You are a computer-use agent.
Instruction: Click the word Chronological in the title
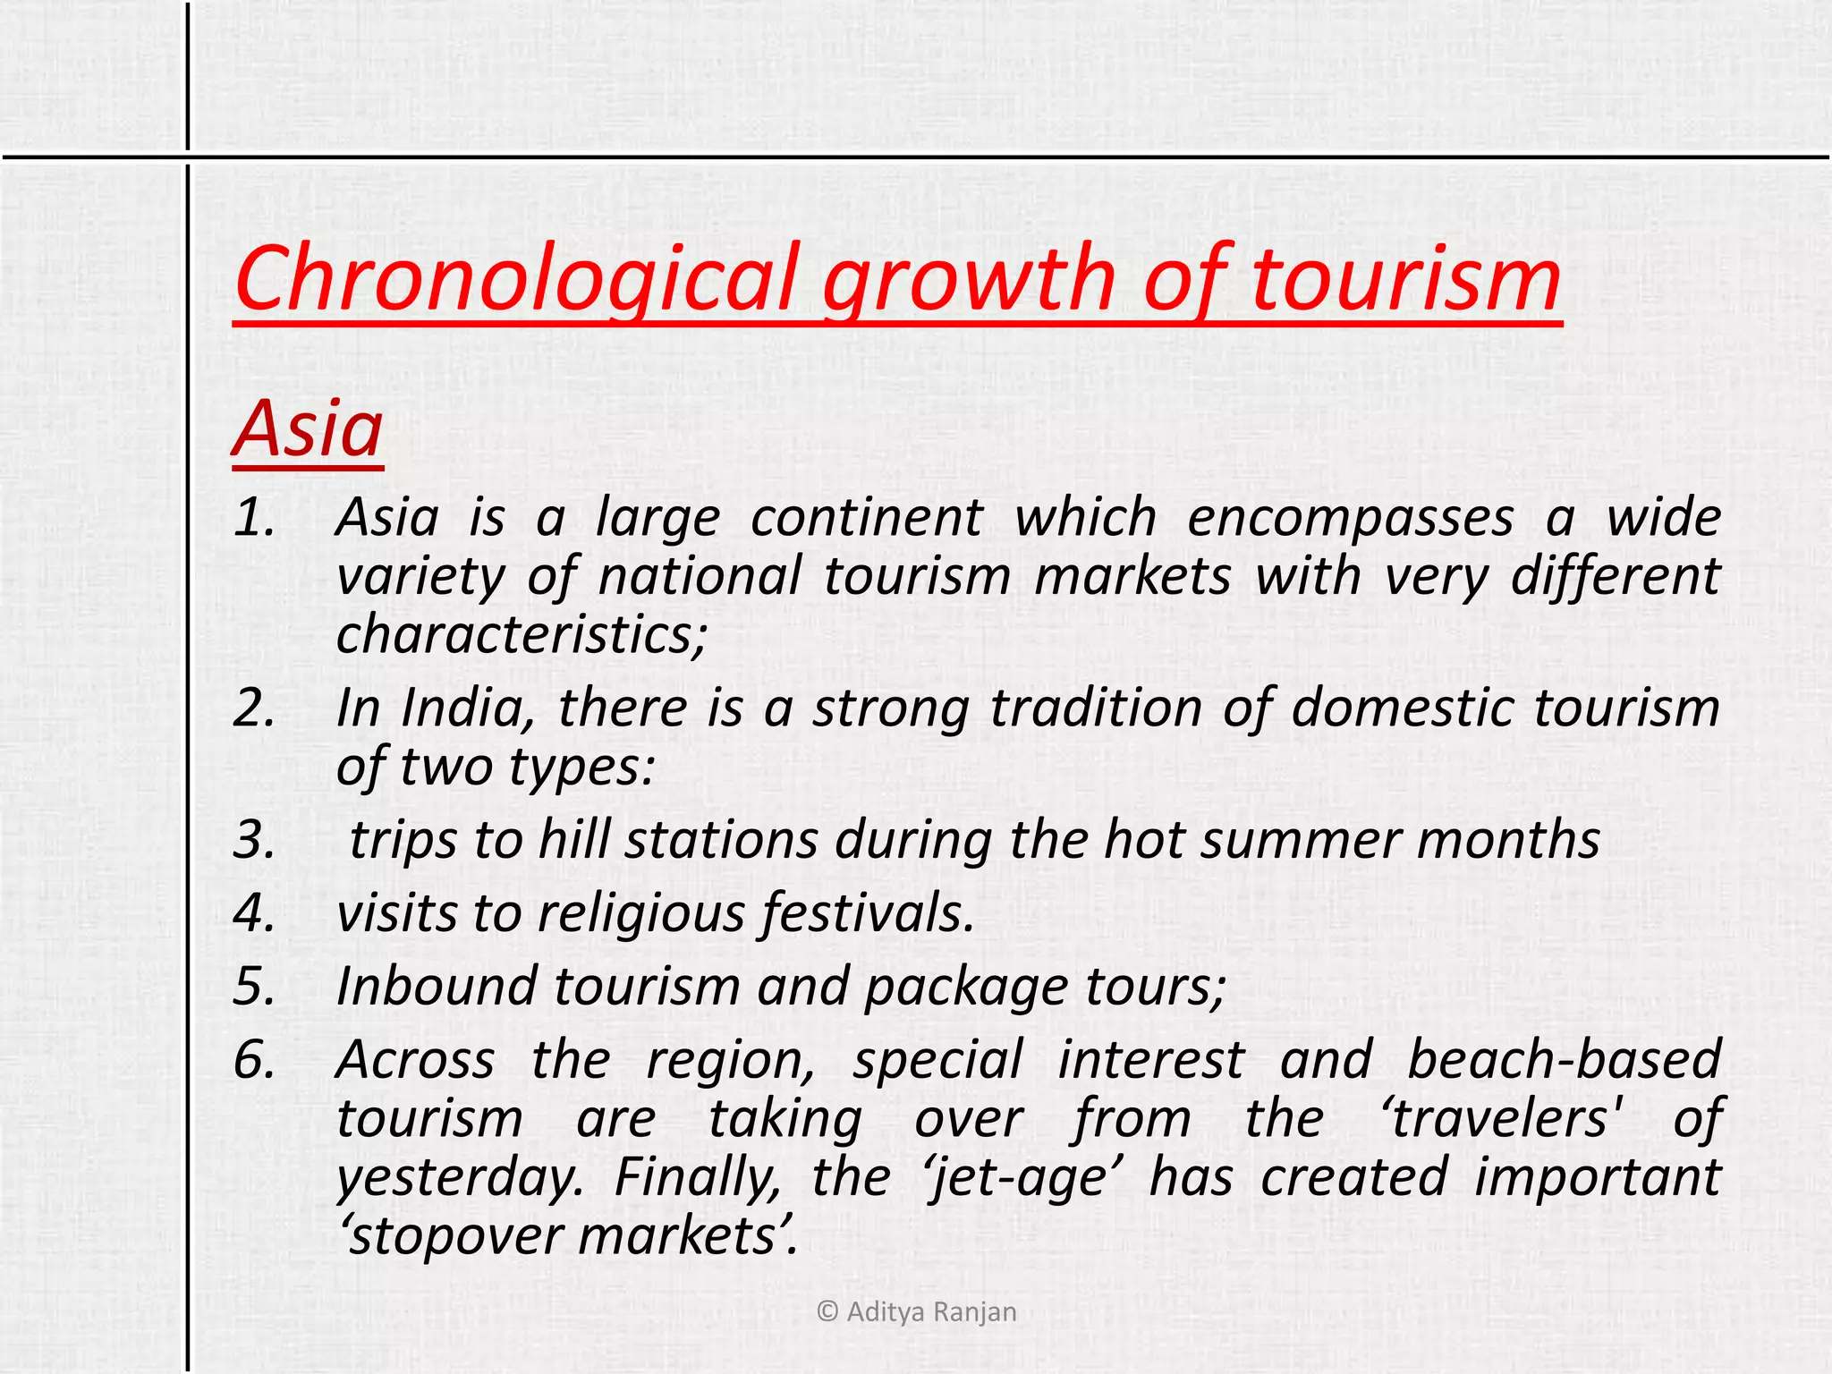point(515,279)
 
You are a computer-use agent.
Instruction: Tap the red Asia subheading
point(309,428)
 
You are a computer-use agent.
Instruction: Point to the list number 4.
point(254,913)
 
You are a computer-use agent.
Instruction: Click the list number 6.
point(254,1060)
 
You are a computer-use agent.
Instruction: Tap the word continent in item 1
point(866,518)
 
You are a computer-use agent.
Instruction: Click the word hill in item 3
point(573,841)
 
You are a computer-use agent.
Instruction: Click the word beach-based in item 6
point(1564,1060)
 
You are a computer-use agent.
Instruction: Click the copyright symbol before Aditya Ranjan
point(827,1311)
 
